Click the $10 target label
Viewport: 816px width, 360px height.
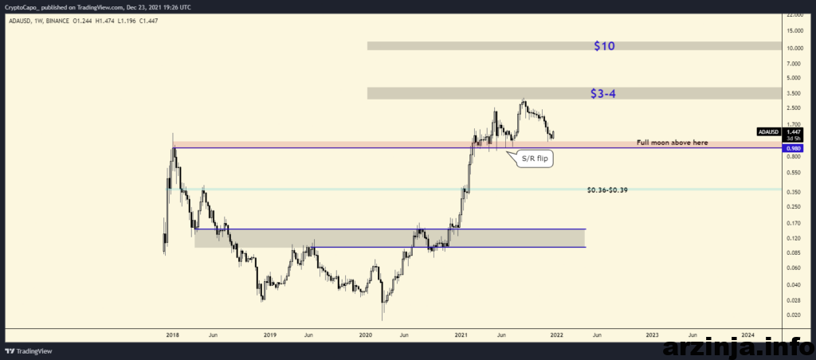(604, 45)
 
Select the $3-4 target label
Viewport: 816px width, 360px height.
(604, 94)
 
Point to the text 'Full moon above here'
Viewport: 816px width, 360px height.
(672, 143)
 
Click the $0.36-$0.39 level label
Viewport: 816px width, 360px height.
(606, 190)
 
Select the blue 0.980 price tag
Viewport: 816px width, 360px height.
(793, 148)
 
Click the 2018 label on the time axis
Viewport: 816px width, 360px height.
(172, 335)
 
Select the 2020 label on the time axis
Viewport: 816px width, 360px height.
(365, 335)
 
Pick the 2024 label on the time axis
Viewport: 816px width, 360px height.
(747, 335)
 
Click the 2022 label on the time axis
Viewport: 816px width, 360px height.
(556, 335)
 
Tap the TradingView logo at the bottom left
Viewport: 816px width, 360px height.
(29, 351)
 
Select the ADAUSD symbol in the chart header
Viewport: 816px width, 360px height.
(19, 21)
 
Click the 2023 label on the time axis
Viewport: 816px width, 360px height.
(652, 335)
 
